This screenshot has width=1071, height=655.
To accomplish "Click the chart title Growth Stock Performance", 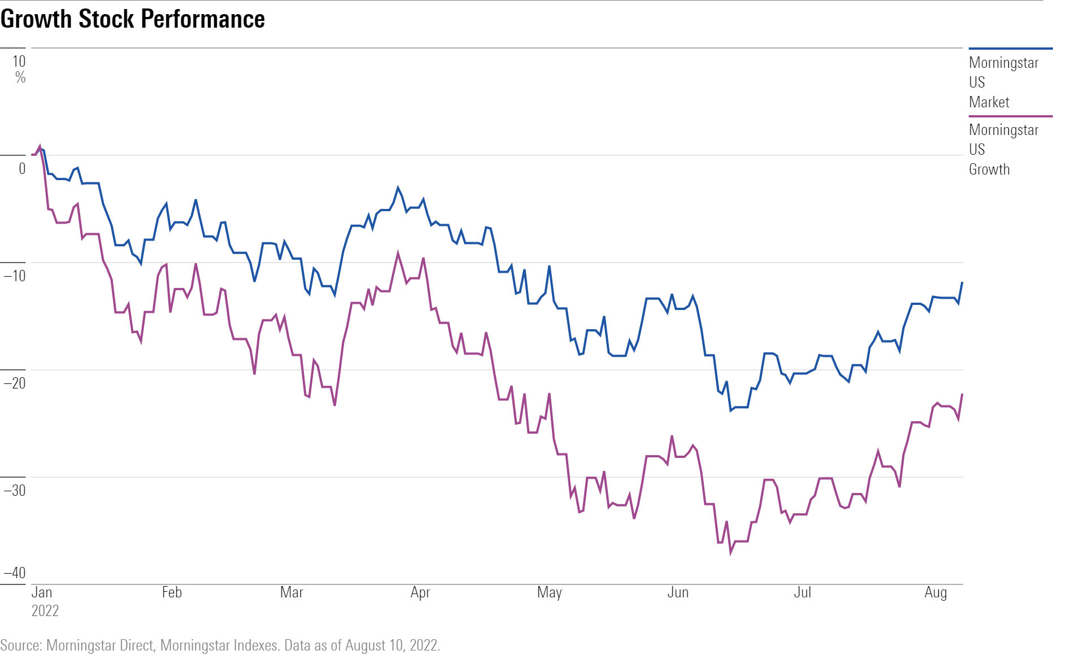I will coord(133,19).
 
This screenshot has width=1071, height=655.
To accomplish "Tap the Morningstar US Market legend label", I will coord(1003,82).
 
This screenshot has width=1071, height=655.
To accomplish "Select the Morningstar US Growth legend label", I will coord(1003,150).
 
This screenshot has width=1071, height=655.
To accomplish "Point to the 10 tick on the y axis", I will coord(19,62).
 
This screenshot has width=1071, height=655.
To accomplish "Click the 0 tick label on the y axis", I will coord(22,168).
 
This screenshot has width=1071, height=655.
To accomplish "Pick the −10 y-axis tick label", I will coord(15,276).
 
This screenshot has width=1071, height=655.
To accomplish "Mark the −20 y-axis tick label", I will coord(15,383).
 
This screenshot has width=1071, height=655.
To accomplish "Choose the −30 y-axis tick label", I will coord(15,490).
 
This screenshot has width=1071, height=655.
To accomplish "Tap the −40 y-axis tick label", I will coord(15,573).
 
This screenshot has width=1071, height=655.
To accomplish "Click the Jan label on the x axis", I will coord(42,592).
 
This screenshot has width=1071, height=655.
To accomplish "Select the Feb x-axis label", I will coord(172,592).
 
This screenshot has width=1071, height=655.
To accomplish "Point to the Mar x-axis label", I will coord(291,592).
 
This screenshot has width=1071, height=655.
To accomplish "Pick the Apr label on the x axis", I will coord(420,592).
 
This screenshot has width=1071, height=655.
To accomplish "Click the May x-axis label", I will coord(549,592).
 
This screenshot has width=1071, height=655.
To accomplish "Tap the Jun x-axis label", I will coord(678,592).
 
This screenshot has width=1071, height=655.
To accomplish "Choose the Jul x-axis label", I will coord(802,592).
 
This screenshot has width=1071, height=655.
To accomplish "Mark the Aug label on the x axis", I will coord(935,592).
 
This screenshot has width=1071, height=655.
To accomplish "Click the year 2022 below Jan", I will coord(45,611).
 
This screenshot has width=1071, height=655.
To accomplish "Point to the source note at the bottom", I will coord(220,645).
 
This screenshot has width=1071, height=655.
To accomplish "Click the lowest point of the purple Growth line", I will coord(730,552).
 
